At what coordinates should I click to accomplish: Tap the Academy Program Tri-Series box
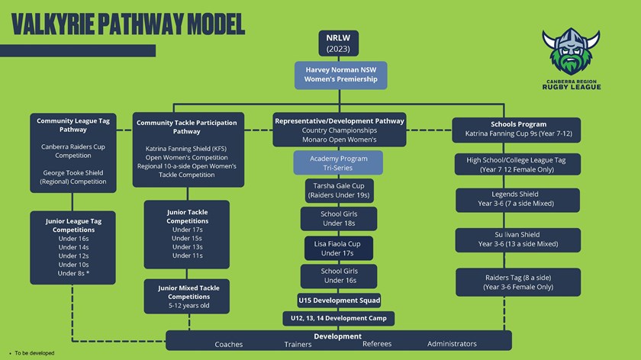[337, 162]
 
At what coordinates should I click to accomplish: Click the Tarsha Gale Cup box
[338, 189]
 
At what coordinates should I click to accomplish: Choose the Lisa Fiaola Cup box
[338, 248]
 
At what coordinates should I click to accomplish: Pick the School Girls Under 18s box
[338, 218]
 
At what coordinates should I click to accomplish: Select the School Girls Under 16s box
[338, 275]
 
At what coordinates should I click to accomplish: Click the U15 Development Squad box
[338, 300]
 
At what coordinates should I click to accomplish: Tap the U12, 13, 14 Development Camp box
[338, 317]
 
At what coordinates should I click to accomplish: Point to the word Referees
[377, 344]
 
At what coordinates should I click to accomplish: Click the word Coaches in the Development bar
[229, 344]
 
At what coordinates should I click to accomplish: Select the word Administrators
[452, 344]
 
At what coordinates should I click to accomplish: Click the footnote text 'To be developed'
[34, 354]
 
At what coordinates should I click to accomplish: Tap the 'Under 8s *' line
[72, 272]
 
